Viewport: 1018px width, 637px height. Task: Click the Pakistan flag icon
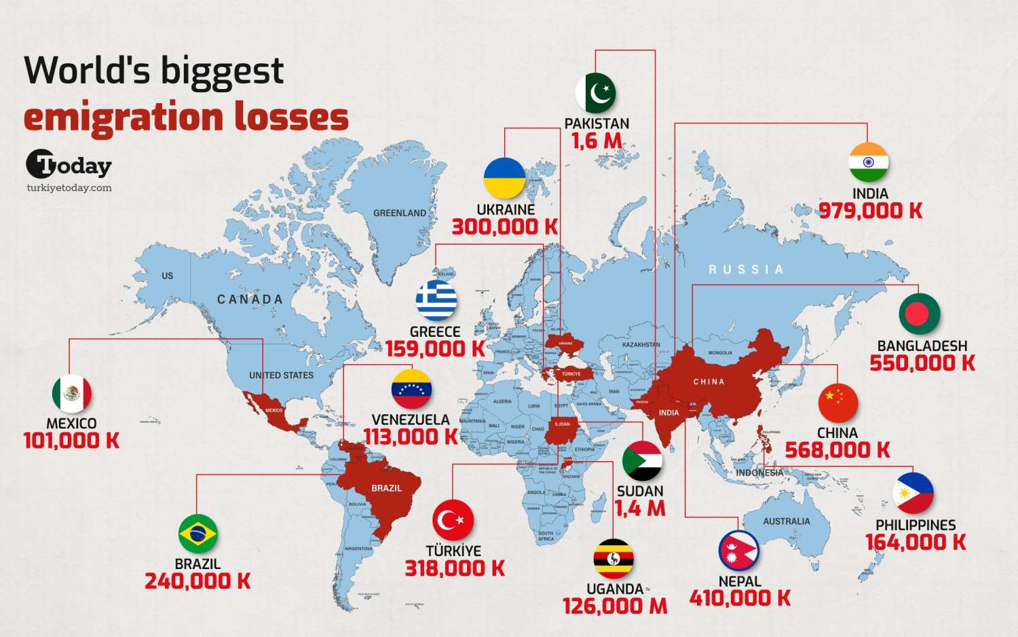click(596, 94)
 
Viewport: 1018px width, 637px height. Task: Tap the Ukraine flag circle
click(505, 179)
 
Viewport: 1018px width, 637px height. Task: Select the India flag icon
click(869, 163)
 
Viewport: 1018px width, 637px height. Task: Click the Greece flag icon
click(436, 301)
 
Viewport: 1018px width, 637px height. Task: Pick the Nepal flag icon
click(739, 551)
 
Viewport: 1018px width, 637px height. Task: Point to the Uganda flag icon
click(614, 559)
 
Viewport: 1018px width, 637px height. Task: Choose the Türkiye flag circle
click(453, 521)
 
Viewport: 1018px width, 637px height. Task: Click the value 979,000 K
click(870, 211)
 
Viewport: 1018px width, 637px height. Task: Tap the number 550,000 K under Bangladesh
click(922, 363)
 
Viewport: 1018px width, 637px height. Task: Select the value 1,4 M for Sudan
click(640, 508)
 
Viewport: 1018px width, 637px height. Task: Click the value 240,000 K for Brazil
click(197, 581)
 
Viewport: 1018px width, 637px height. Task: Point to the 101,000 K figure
click(71, 441)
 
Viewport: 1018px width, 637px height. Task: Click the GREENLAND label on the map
click(400, 213)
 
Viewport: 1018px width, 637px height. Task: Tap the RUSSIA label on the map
click(746, 270)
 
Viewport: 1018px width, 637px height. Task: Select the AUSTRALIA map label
click(787, 522)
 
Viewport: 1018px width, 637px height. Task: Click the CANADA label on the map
click(250, 299)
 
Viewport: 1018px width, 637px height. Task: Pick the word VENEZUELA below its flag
click(411, 420)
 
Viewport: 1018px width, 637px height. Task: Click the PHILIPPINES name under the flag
click(916, 525)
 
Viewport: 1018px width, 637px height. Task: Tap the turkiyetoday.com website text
click(69, 188)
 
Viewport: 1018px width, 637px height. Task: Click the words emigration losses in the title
click(186, 117)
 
